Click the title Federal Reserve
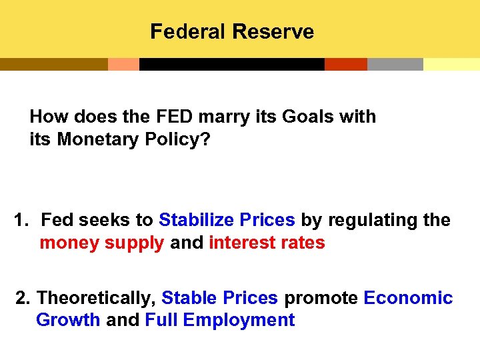point(232,31)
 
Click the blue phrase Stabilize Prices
point(227,220)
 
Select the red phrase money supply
point(101,243)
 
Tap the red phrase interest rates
point(267,243)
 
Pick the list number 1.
point(21,220)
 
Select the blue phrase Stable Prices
point(219,297)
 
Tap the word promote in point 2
point(321,297)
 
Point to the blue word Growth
point(68,320)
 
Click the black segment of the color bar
point(231,64)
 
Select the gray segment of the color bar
point(395,64)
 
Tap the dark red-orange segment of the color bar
point(345,64)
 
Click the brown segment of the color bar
point(53,64)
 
